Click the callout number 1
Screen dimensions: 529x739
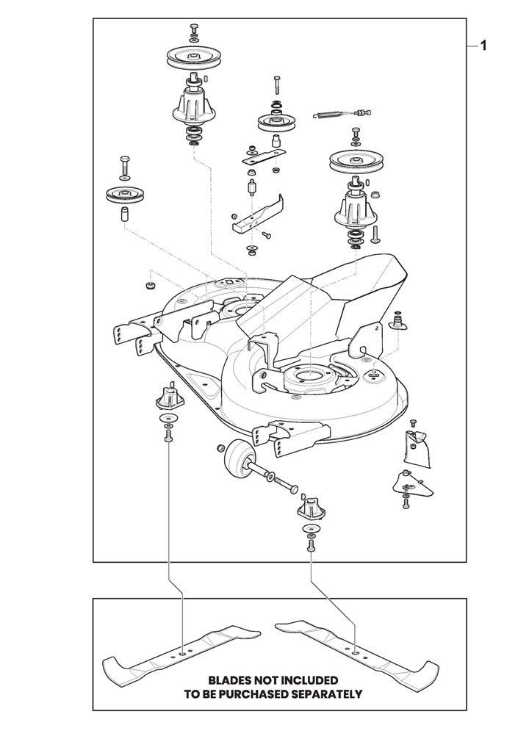pyautogui.click(x=483, y=46)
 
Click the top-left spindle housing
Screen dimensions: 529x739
pyautogui.click(x=194, y=104)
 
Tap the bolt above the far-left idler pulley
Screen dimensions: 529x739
pyautogui.click(x=125, y=165)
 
